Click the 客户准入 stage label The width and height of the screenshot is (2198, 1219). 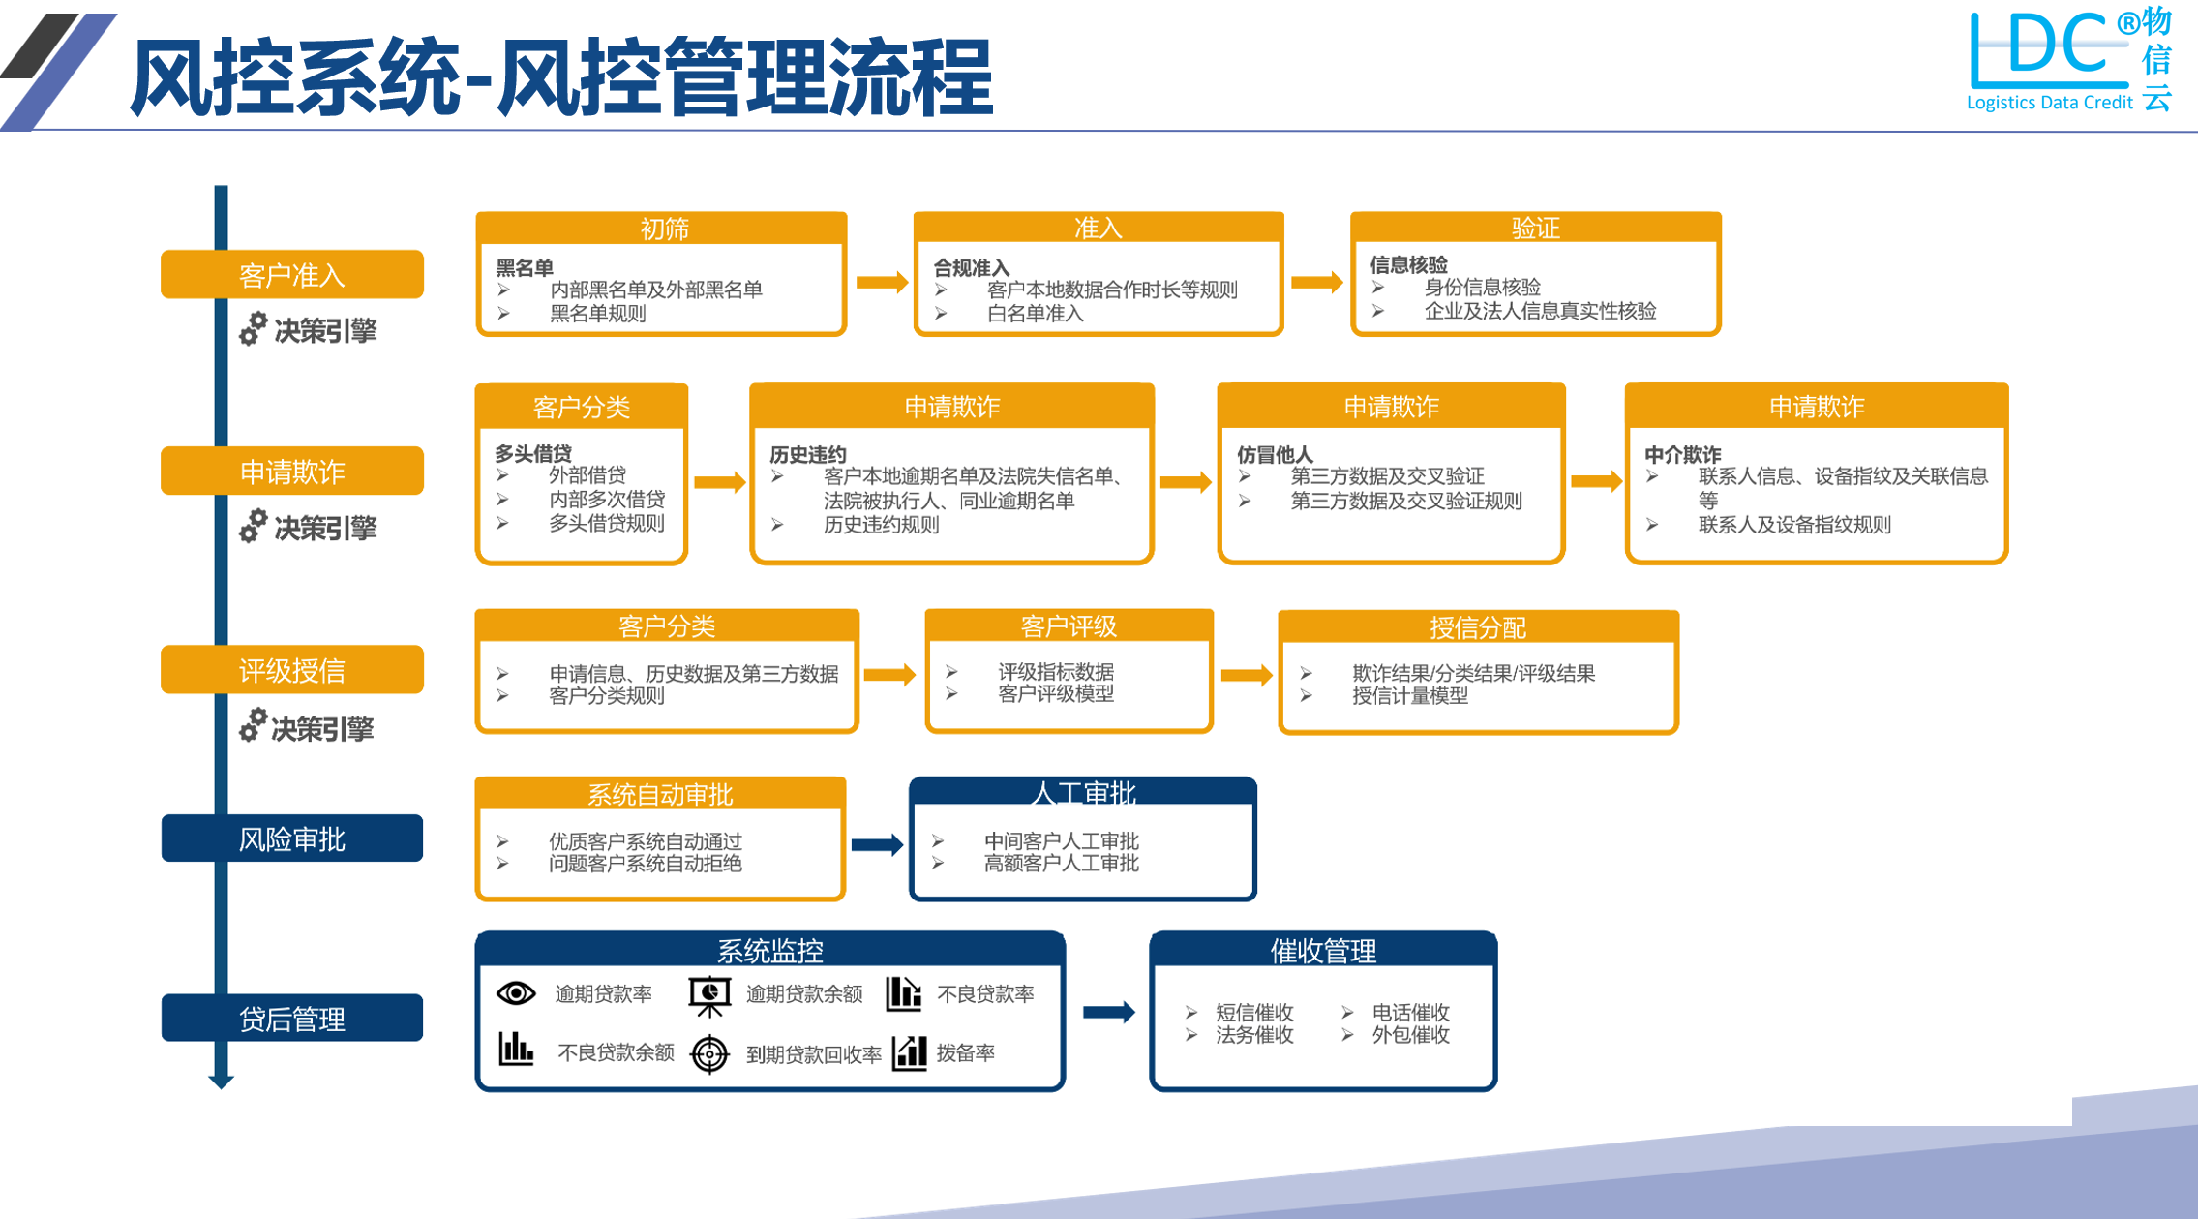tap(291, 275)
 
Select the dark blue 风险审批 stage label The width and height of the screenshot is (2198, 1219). tap(291, 838)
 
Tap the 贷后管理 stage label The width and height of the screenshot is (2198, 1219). tap(291, 1019)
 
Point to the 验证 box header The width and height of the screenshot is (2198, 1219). tap(1535, 228)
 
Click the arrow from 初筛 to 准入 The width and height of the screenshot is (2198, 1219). tap(881, 282)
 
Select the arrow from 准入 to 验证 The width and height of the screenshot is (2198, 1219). tap(1316, 282)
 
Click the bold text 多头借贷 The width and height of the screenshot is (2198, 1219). tap(533, 453)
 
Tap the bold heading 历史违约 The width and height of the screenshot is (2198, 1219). tap(807, 454)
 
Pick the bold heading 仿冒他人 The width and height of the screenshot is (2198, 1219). tap(1275, 454)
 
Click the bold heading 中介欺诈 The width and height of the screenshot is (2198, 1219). tap(1682, 454)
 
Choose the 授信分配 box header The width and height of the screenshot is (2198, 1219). tap(1477, 627)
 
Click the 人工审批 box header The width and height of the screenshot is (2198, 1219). tap(1083, 793)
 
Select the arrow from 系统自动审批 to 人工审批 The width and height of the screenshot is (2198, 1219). tap(877, 845)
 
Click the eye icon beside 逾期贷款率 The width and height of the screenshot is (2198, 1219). tap(516, 993)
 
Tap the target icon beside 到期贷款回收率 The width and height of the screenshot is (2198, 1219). tap(709, 1053)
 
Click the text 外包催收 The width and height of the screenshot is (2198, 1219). tap(1410, 1035)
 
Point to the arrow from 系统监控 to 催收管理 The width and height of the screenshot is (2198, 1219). tap(1108, 1013)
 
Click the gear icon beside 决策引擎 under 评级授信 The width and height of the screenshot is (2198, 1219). tap(253, 725)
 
